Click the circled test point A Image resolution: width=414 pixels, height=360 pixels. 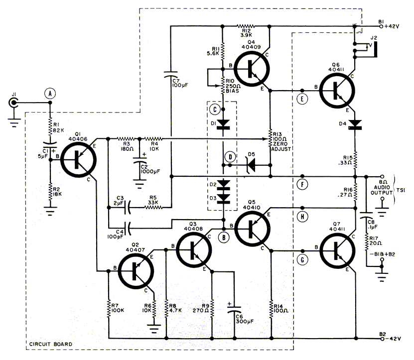coord(49,92)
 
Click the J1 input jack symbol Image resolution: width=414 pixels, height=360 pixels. coord(13,103)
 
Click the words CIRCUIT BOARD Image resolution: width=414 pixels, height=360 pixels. coord(48,344)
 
